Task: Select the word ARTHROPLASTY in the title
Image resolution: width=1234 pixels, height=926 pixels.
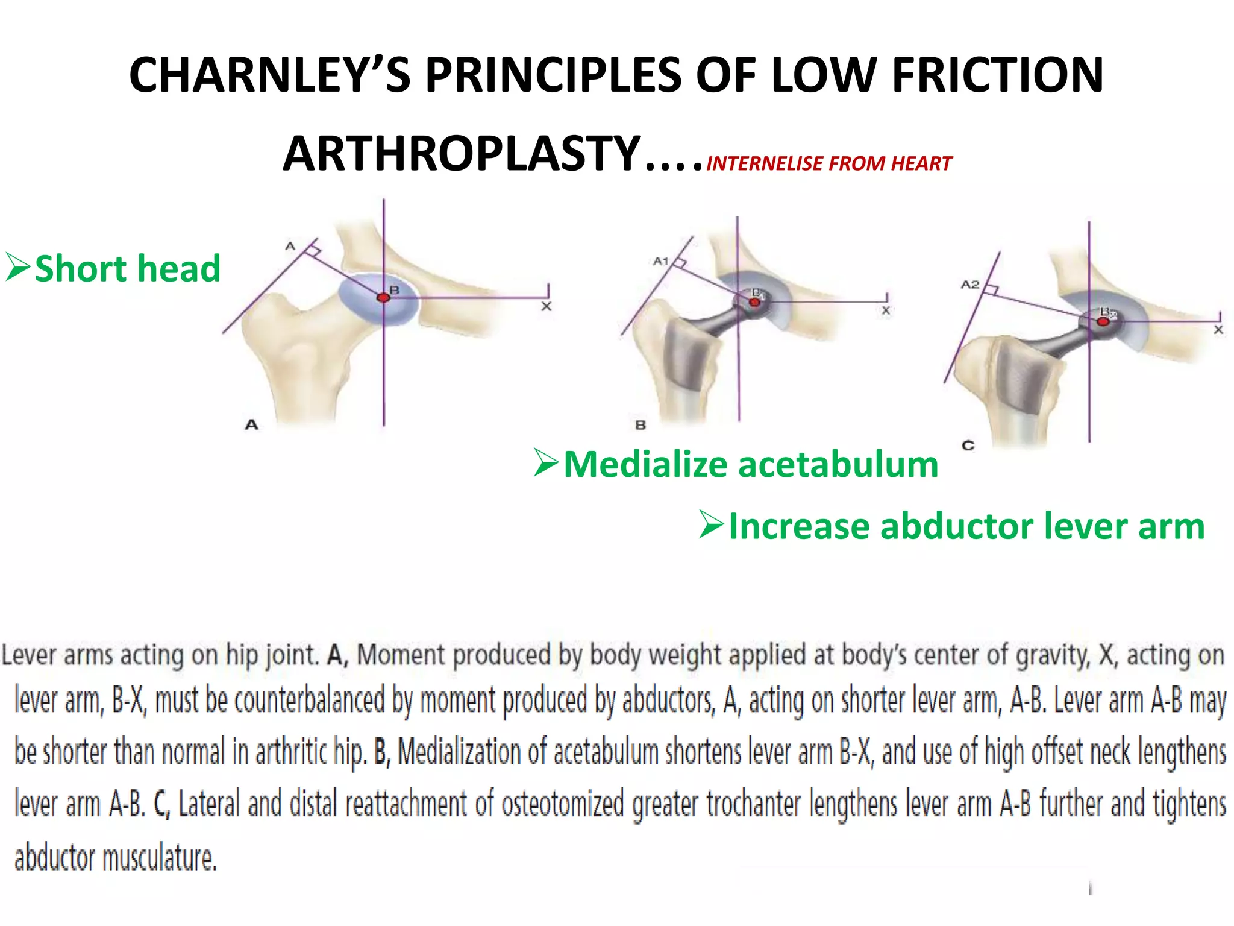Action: coord(462,154)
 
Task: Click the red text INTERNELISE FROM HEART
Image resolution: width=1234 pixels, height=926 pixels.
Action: coord(829,163)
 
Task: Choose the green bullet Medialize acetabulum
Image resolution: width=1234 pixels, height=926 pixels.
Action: coord(751,465)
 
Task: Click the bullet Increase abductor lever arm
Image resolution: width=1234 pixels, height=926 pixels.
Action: coord(966,526)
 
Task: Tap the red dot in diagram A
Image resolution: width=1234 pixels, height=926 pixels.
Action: coord(383,298)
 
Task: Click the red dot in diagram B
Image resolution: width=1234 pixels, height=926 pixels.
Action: coord(754,302)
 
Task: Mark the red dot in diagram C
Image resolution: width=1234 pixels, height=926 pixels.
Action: coord(1103,322)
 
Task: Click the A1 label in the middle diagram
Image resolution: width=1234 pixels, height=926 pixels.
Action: coord(660,261)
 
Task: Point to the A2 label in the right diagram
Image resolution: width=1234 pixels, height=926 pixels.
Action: coord(970,284)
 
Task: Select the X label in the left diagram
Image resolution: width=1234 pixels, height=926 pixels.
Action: coord(547,306)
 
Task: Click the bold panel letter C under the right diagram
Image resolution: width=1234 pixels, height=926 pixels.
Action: coord(968,446)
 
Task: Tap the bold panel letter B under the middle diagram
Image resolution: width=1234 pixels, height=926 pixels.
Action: coord(640,425)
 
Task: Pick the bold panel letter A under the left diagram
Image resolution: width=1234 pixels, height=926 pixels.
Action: coord(251,424)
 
